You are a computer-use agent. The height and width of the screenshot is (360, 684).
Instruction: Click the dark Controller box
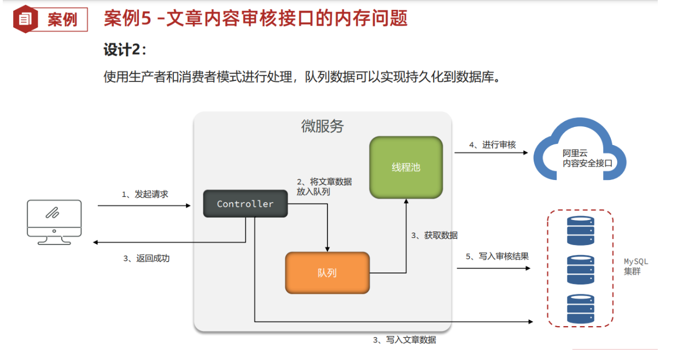tap(245, 204)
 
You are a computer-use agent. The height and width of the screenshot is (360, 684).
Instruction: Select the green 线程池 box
tap(406, 167)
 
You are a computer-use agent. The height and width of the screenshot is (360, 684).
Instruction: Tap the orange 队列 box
tap(327, 272)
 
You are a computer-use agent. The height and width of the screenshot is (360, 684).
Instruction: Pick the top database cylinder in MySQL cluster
tap(580, 230)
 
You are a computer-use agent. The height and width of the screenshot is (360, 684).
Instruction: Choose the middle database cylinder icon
tap(580, 269)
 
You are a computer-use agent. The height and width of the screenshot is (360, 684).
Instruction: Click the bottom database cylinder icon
tap(580, 309)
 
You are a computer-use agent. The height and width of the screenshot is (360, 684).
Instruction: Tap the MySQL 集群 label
tap(635, 266)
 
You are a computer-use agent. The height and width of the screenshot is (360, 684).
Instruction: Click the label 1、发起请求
tap(144, 194)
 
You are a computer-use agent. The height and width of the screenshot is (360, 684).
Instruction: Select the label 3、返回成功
tap(146, 258)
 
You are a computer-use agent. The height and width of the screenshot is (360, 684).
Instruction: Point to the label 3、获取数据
tap(434, 235)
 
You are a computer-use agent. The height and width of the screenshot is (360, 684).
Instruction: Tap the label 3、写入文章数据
tap(404, 340)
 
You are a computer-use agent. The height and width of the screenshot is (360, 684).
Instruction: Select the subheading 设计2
tap(125, 50)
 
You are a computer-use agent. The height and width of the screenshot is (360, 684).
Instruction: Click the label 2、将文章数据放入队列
tap(324, 187)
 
